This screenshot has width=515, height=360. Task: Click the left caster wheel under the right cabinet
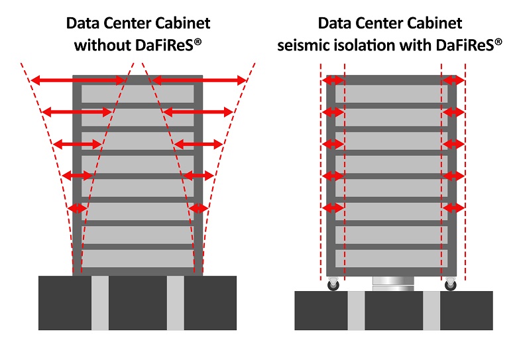333,285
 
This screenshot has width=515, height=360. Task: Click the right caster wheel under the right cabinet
451,285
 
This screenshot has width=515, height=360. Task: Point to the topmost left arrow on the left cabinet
79,80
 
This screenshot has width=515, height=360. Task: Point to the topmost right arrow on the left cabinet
199,80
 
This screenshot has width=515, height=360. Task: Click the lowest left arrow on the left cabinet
78,208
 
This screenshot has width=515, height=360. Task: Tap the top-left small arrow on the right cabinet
333,80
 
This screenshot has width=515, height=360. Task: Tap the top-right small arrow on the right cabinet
453,80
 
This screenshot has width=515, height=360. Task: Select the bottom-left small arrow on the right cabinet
333,208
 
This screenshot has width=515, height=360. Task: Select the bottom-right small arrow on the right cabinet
453,208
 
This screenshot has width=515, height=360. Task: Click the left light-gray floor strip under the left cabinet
99,302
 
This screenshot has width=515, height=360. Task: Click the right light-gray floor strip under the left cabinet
175,302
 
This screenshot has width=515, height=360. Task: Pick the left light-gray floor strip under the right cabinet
356,310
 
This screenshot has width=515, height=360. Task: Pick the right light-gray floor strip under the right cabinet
431,310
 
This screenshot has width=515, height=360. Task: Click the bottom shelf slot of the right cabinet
391,258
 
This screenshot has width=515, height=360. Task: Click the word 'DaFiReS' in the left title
174,46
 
